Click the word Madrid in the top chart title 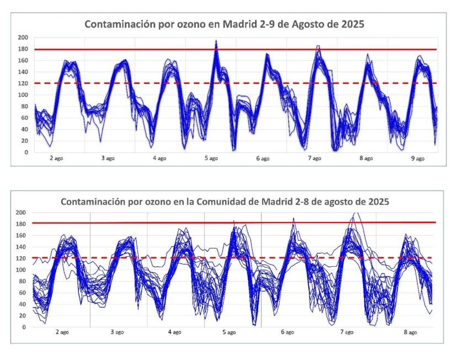[x=239, y=24]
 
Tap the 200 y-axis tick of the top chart [x=23, y=38]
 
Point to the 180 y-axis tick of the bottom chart [x=21, y=224]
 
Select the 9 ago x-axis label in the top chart [x=418, y=158]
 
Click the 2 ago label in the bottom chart [x=62, y=332]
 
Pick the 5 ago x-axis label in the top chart [x=210, y=158]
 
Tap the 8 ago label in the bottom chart [x=410, y=332]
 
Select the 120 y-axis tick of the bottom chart [x=21, y=258]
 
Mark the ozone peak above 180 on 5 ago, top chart [x=216, y=41]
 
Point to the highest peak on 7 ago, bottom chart [x=356, y=213]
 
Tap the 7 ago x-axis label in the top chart [x=314, y=158]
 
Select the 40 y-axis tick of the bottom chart [x=23, y=304]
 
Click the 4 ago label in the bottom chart [x=174, y=332]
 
